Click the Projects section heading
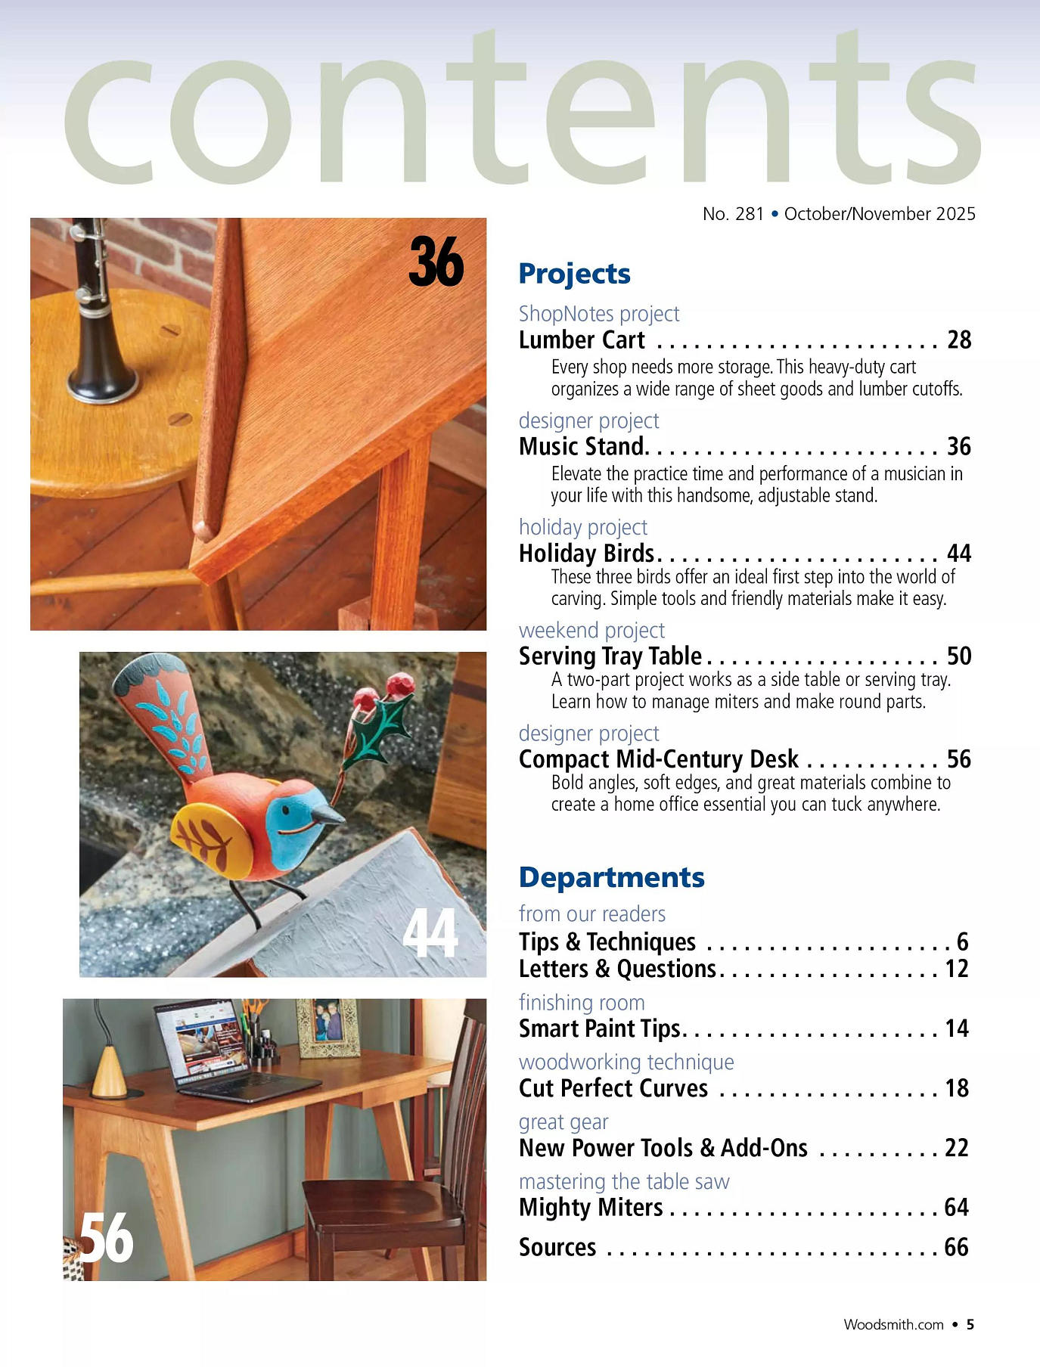(x=574, y=274)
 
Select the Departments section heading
(x=611, y=877)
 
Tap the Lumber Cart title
(x=582, y=340)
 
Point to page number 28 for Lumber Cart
(x=959, y=340)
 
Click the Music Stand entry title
(x=582, y=447)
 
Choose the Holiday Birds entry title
(x=586, y=554)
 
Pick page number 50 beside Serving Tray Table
(x=959, y=656)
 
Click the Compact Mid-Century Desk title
(x=658, y=759)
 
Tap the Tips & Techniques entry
(x=607, y=942)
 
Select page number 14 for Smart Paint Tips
(x=957, y=1028)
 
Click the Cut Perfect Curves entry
(x=613, y=1088)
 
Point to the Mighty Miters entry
(x=591, y=1208)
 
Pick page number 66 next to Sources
(x=957, y=1247)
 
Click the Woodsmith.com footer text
(x=893, y=1325)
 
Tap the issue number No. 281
(x=733, y=214)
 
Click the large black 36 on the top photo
(x=436, y=262)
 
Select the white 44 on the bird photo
(x=430, y=933)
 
